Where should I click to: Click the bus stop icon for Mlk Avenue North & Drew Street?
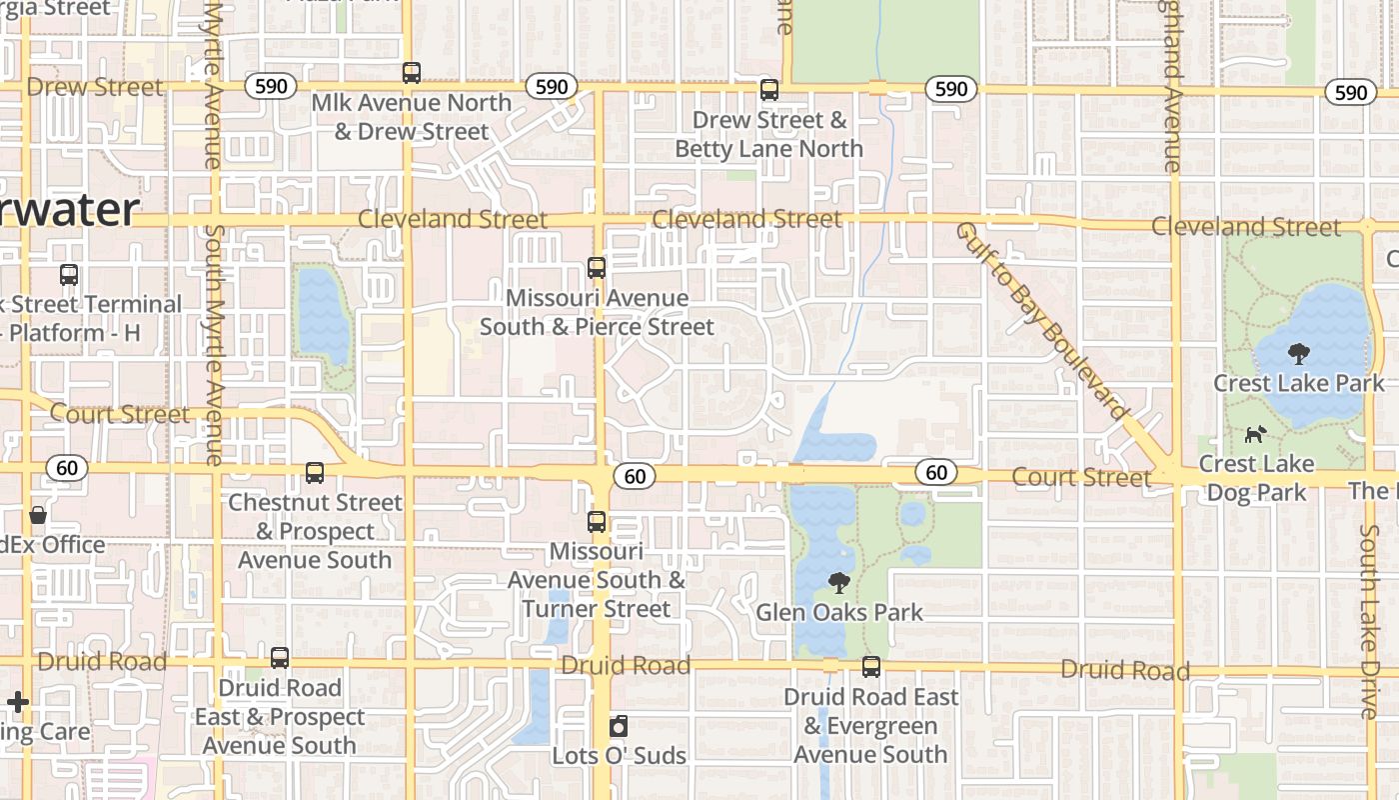click(x=411, y=72)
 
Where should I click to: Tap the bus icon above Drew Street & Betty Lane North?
click(x=768, y=89)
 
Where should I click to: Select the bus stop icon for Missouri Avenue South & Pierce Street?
click(x=597, y=267)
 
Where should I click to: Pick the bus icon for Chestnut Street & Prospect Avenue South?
click(x=315, y=472)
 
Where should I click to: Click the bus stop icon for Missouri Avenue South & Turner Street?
click(x=597, y=521)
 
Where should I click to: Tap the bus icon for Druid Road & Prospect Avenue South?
click(x=280, y=657)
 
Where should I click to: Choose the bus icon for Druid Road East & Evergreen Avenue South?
click(x=871, y=666)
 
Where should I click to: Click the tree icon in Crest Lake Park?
click(x=1298, y=353)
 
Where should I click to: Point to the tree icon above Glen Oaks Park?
click(x=839, y=582)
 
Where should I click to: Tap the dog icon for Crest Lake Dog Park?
click(x=1255, y=434)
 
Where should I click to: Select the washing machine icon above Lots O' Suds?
click(x=619, y=725)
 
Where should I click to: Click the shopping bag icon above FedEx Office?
click(x=38, y=515)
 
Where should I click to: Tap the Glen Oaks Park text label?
click(x=839, y=612)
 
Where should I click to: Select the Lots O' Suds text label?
click(x=619, y=755)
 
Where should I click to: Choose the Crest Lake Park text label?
click(x=1298, y=383)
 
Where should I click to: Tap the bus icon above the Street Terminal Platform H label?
click(x=69, y=274)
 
